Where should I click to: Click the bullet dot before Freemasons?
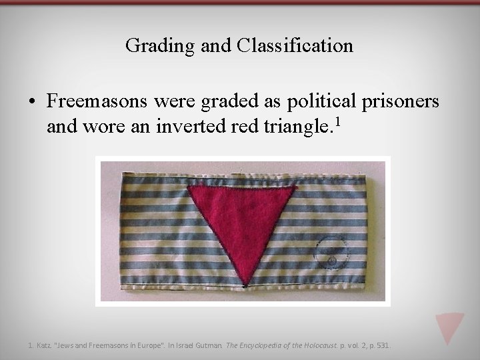32,102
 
